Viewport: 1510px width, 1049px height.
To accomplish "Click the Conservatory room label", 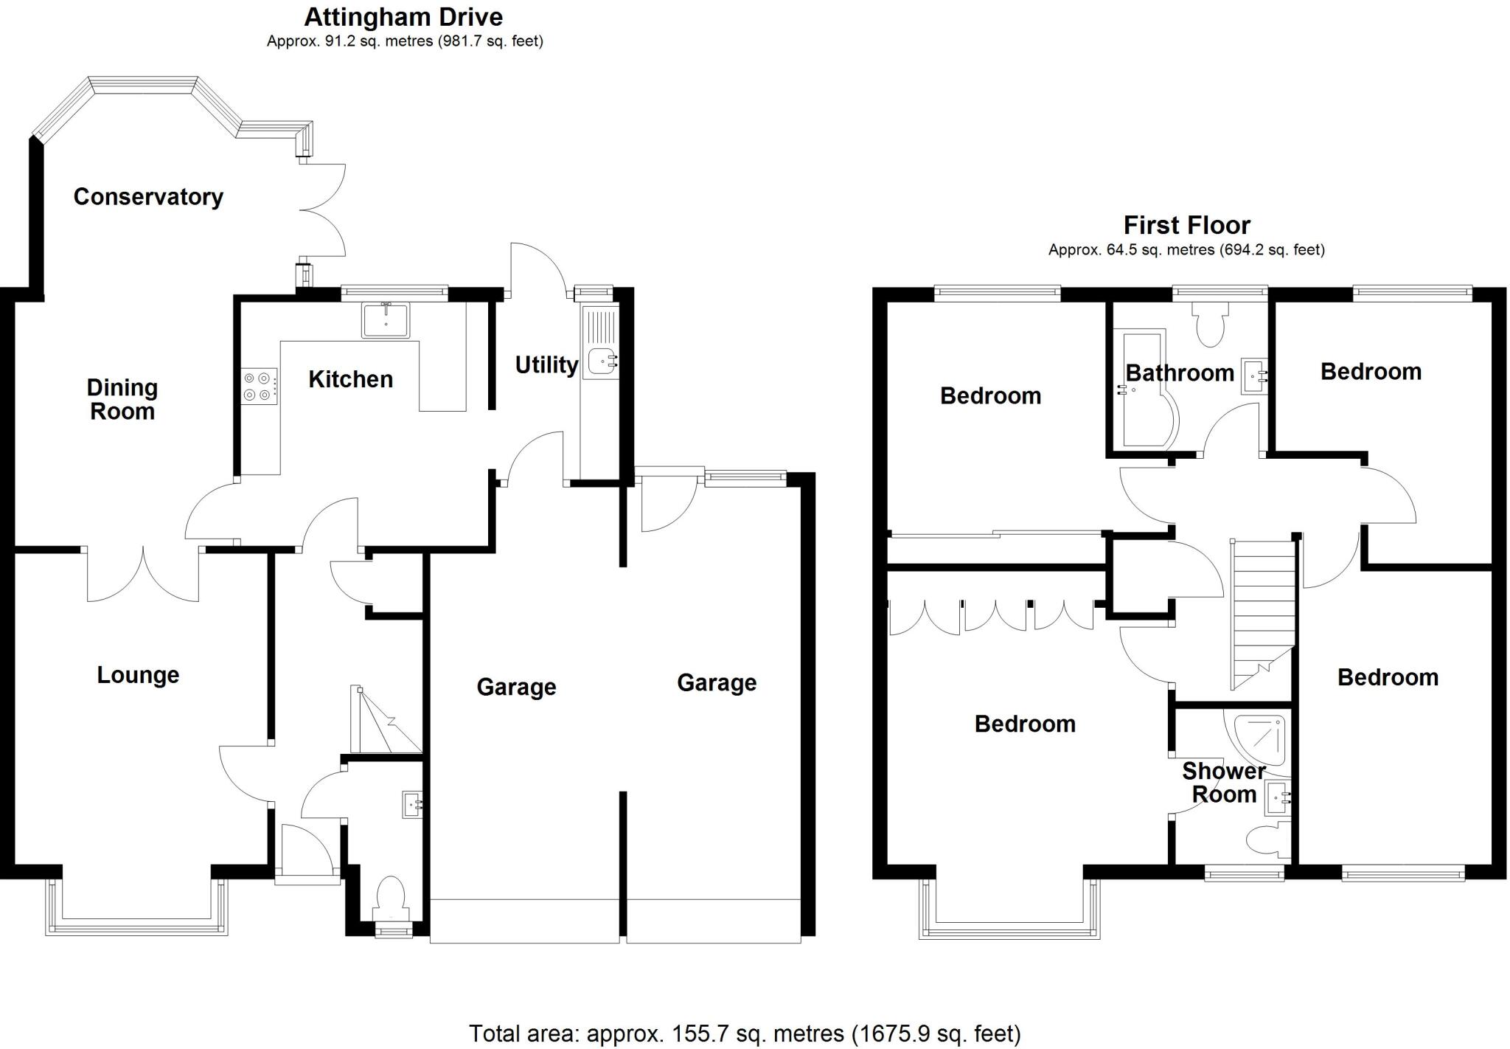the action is (x=148, y=197).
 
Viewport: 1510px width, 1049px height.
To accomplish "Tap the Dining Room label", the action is (x=122, y=399).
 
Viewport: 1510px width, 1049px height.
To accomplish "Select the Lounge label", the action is (x=138, y=675).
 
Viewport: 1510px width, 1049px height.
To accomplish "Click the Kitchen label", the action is (x=350, y=379).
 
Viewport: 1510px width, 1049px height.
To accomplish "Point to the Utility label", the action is (x=546, y=364).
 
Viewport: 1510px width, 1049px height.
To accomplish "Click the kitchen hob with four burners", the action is (x=259, y=386).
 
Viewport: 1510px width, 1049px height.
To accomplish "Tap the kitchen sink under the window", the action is (x=385, y=320).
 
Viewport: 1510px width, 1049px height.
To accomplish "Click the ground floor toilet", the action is (x=391, y=897).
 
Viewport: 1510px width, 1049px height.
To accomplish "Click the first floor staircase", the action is (x=1262, y=612).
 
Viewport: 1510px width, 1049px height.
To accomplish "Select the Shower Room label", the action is (x=1224, y=783).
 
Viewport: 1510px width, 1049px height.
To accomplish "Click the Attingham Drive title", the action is (x=403, y=17).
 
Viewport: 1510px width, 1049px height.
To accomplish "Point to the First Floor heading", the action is (x=1186, y=225).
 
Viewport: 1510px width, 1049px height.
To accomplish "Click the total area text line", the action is (x=745, y=1034).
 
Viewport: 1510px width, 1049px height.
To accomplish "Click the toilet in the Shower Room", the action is (x=1267, y=840).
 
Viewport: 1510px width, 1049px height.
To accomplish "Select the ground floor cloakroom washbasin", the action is (x=412, y=805).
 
